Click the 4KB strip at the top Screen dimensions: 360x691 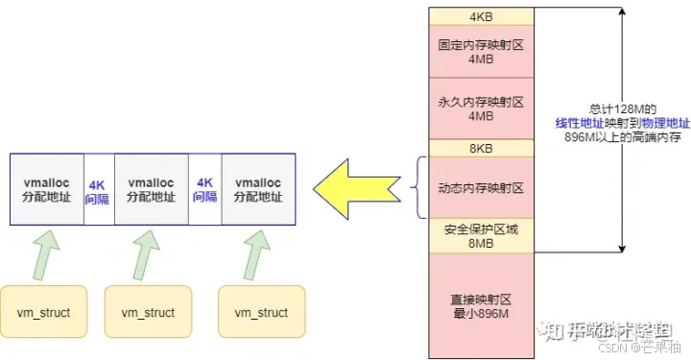point(479,16)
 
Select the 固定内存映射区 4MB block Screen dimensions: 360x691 point(479,51)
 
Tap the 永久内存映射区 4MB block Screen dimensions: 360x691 point(479,108)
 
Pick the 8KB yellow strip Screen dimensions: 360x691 point(479,149)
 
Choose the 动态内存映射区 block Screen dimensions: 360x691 point(479,188)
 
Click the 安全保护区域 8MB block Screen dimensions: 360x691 point(479,236)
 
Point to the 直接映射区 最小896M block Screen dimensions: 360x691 point(479,304)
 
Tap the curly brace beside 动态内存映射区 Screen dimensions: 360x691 point(416,188)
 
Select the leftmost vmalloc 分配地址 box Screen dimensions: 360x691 point(48,188)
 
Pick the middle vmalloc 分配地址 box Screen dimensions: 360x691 point(151,188)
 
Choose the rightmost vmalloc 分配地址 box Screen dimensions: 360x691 point(257,188)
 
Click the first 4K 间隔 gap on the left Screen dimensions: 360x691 point(98,188)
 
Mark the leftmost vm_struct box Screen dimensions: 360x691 point(43,312)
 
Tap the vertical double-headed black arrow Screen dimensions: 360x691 point(623,130)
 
